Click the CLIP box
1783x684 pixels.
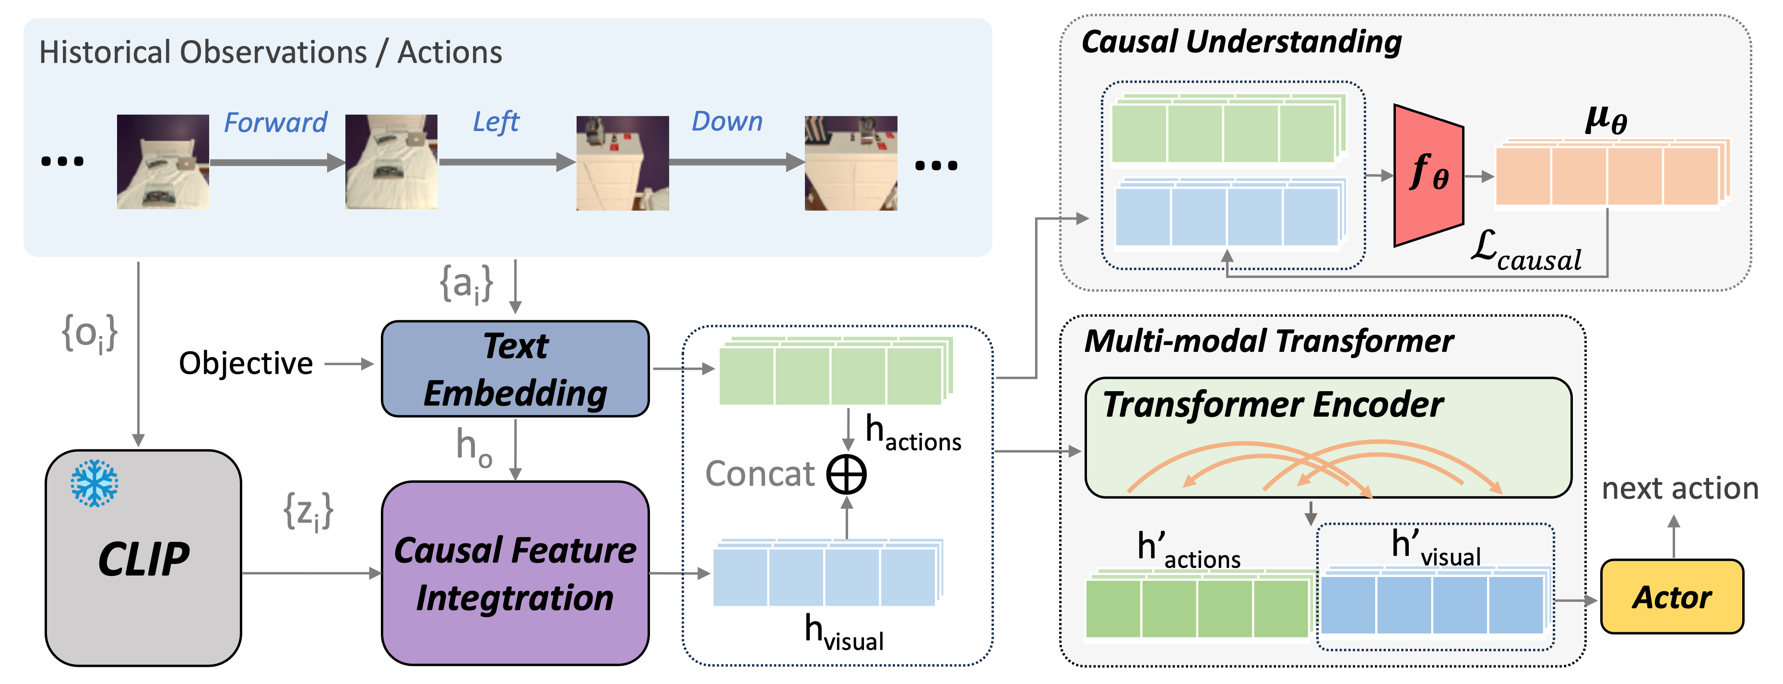(143, 558)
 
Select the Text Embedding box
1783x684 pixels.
(515, 369)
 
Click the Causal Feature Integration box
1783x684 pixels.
(515, 573)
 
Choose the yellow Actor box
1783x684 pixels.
(1672, 597)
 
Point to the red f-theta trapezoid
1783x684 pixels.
(1428, 175)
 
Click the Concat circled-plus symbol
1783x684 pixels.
(847, 475)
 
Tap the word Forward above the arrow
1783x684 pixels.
(275, 122)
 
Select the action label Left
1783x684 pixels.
(496, 122)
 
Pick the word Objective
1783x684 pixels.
(246, 363)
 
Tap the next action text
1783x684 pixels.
(1680, 489)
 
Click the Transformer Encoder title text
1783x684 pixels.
(1272, 405)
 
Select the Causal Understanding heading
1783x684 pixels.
(1241, 42)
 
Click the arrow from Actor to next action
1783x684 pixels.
(1674, 537)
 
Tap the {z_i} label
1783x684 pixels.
(308, 512)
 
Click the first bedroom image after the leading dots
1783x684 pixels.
(163, 162)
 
